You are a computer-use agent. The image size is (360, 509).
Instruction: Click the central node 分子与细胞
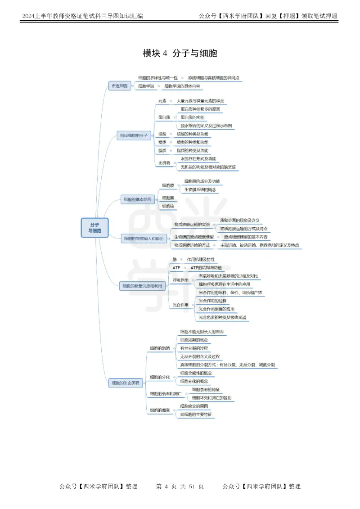coord(94,227)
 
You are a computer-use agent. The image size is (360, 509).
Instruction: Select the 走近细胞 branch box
coord(119,86)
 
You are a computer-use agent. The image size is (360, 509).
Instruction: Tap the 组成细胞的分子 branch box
coord(133,135)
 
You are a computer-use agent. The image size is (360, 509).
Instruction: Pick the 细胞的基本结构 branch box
coord(137,199)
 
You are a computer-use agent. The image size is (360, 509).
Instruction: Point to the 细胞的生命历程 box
coord(126,383)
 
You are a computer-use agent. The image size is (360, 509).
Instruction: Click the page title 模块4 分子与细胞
coord(180,54)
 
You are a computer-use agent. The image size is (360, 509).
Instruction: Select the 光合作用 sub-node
coord(180,305)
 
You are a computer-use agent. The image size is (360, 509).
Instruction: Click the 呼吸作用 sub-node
coord(180,280)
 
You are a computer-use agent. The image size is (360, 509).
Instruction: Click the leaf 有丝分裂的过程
coord(194,348)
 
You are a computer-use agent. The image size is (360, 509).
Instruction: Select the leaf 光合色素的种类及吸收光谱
coord(222,317)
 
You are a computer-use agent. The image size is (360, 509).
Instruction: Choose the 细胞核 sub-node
coord(167,206)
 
